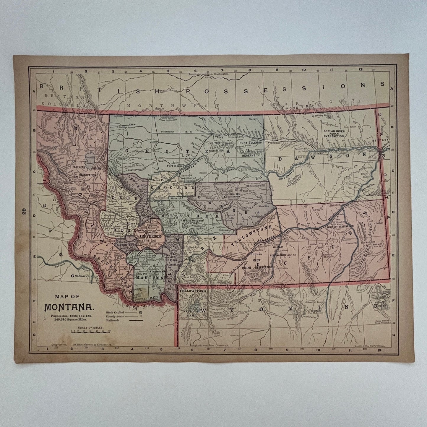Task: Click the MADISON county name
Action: [149, 278]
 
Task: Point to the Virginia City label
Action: [157, 271]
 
